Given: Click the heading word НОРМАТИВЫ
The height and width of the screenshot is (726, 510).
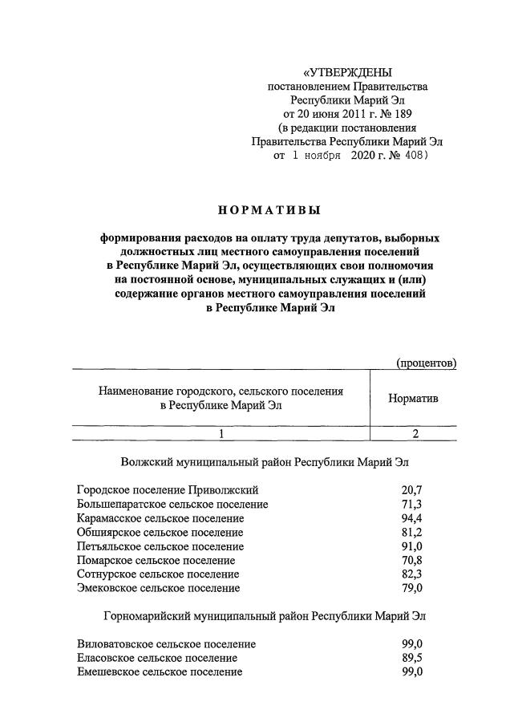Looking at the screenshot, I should (269, 211).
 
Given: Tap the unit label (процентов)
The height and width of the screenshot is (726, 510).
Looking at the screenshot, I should (427, 363).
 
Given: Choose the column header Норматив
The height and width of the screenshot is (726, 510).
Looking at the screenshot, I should (413, 398).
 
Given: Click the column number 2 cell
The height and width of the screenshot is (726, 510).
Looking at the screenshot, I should (415, 433).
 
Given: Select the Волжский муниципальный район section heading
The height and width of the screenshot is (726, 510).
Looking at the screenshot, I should (269, 463).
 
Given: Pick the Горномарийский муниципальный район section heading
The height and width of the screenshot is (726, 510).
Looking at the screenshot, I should (265, 617).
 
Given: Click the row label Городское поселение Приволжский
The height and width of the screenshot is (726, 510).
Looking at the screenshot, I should (168, 489).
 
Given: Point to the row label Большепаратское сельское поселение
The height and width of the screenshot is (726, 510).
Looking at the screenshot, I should (172, 504).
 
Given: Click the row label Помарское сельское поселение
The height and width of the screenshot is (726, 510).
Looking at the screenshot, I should (156, 560).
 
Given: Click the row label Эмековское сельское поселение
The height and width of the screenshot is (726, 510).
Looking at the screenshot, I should (158, 588).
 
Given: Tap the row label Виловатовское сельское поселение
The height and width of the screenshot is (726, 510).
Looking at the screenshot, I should (167, 644).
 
